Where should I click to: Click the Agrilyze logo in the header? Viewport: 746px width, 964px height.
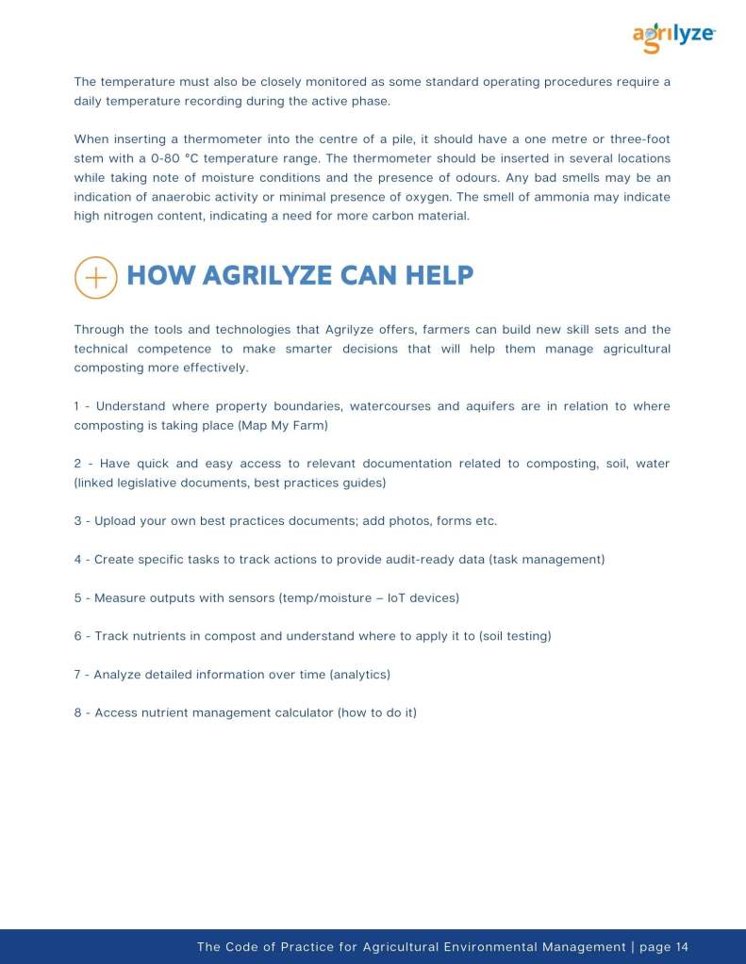pyautogui.click(x=673, y=37)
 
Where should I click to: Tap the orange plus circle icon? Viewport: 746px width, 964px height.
pyautogui.click(x=95, y=277)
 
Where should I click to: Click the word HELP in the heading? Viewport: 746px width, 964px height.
pyautogui.click(x=439, y=275)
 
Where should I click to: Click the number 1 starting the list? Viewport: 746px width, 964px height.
pyautogui.click(x=77, y=406)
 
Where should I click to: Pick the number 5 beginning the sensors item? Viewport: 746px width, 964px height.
pyautogui.click(x=77, y=597)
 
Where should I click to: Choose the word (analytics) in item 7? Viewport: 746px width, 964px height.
pyautogui.click(x=359, y=674)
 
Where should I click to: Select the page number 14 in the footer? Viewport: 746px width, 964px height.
pyautogui.click(x=682, y=947)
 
